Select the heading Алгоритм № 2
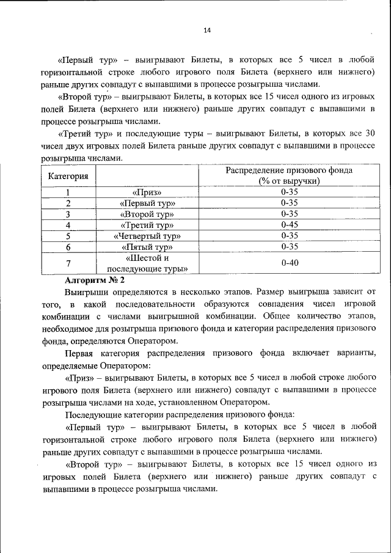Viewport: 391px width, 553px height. pyautogui.click(x=95, y=280)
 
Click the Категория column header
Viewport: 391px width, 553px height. pyautogui.click(x=68, y=176)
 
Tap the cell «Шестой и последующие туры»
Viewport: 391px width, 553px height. pyautogui.click(x=147, y=263)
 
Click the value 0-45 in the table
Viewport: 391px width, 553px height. pyautogui.click(x=289, y=225)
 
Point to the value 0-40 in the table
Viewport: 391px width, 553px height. pyautogui.click(x=289, y=263)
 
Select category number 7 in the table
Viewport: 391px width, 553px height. pyautogui.click(x=68, y=263)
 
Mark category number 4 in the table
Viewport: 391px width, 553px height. pyautogui.click(x=68, y=225)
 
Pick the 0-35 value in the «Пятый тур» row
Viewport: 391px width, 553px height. pyautogui.click(x=289, y=247)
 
